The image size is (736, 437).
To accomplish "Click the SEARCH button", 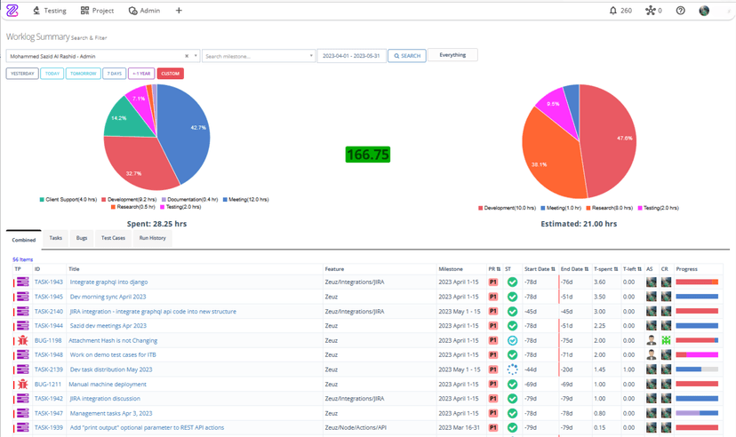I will click(x=407, y=56).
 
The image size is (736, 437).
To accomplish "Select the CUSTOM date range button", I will click(x=170, y=74).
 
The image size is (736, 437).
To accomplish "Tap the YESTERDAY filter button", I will click(x=22, y=74).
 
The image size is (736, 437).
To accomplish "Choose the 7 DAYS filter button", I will click(x=114, y=74).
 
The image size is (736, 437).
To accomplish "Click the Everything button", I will click(x=452, y=55).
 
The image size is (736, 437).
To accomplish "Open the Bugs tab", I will click(x=82, y=238).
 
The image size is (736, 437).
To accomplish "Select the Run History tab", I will click(x=151, y=238).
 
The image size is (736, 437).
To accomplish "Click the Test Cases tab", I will click(x=113, y=238).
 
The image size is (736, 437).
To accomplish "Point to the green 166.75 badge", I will click(x=368, y=155).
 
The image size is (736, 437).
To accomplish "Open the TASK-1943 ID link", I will click(x=49, y=282).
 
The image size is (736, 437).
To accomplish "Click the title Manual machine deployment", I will click(x=108, y=385).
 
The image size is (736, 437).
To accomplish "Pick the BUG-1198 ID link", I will click(x=48, y=340).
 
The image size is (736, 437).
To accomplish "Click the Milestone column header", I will click(x=451, y=267).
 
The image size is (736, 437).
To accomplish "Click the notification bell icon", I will click(x=613, y=11).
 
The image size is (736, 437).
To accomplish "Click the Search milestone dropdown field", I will click(x=258, y=56).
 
